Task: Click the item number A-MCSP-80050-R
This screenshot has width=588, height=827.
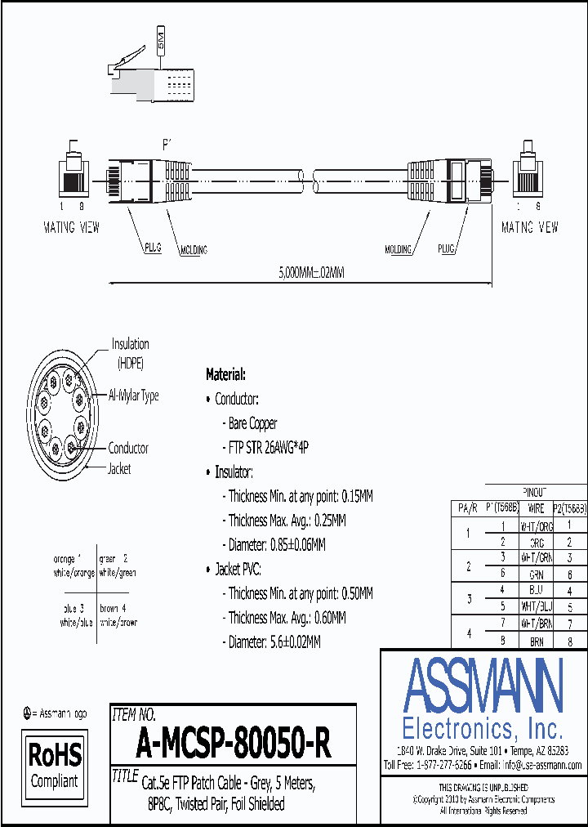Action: click(233, 744)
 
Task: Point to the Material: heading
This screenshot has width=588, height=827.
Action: click(225, 375)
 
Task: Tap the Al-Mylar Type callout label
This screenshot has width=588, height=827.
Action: click(133, 396)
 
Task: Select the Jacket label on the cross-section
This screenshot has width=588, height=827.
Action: click(119, 469)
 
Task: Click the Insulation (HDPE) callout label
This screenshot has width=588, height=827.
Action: click(131, 351)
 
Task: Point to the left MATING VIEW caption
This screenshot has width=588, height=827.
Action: click(72, 228)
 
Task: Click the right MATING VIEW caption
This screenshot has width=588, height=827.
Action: click(529, 228)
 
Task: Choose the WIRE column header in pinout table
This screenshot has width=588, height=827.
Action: click(536, 507)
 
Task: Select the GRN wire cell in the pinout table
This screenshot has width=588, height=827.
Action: click(536, 574)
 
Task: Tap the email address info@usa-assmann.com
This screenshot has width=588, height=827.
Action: click(541, 765)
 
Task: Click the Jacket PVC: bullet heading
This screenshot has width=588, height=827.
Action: click(238, 570)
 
